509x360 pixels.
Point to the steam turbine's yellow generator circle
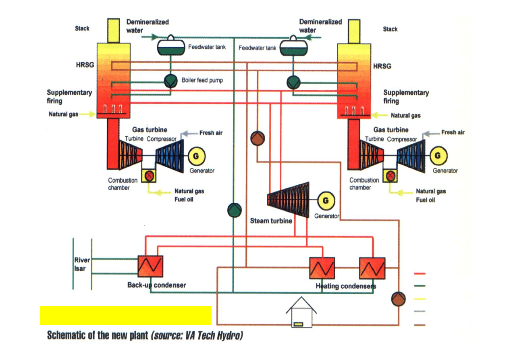point(326,200)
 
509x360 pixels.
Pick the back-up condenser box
point(150,266)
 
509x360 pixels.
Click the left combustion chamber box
point(149,175)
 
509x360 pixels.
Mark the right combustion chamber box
point(390,175)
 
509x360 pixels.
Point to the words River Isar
point(82,264)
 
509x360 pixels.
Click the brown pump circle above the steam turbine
point(258,139)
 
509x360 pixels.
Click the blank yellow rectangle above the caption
point(126,315)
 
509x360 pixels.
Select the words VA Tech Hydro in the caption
point(216,335)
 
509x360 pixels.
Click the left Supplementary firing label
point(69,96)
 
